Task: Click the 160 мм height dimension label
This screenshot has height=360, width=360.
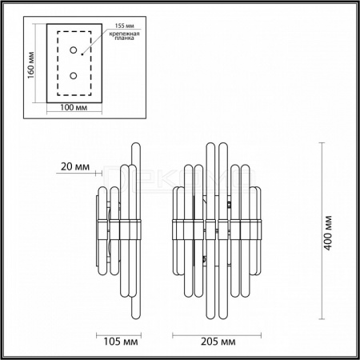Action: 31,65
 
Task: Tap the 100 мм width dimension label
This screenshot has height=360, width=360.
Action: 74,107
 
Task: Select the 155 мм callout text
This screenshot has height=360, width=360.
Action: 125,26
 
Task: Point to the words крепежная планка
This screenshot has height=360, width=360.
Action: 125,36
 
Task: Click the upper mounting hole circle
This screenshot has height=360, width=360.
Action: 74,50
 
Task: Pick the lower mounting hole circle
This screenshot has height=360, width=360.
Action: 74,76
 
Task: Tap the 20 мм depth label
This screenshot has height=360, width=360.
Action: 75,166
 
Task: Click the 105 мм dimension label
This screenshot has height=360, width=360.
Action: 121,342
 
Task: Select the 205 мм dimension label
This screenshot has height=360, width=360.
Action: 218,342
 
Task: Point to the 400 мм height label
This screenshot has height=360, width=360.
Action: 329,233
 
